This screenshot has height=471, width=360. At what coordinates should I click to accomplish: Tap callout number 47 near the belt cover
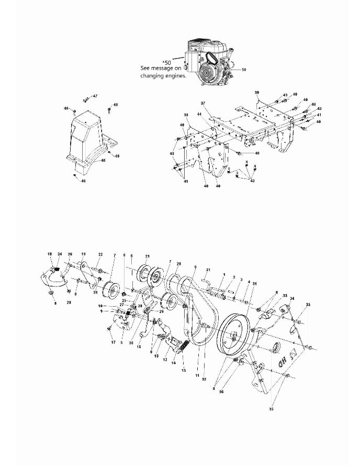(x=95, y=96)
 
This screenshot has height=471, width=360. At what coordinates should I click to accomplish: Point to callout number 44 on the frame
(x=213, y=114)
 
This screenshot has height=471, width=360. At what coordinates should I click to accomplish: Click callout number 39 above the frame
(x=257, y=93)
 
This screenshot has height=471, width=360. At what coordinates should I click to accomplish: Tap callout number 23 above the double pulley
(x=148, y=256)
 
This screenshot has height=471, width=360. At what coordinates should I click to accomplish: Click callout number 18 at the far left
(x=50, y=254)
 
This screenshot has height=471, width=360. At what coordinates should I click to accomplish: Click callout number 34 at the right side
(x=292, y=299)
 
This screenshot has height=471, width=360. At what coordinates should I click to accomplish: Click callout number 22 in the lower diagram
(x=100, y=254)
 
